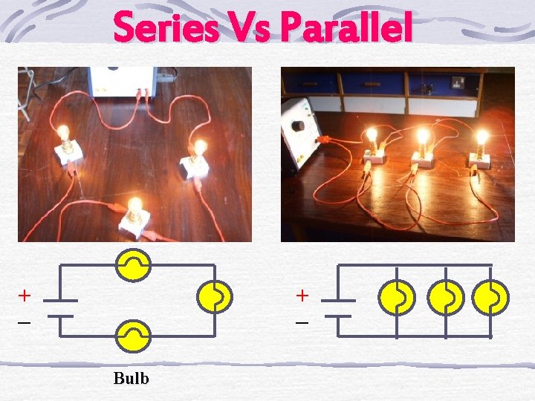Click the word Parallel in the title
(x=347, y=28)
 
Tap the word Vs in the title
(x=250, y=28)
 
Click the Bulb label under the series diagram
(x=131, y=378)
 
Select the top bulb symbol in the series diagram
(x=133, y=265)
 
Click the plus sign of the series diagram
(x=25, y=296)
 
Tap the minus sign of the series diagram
(x=25, y=324)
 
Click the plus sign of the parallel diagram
(x=302, y=296)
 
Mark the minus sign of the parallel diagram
(x=302, y=324)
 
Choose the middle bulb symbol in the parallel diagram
(x=446, y=298)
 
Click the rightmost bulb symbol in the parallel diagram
(x=492, y=298)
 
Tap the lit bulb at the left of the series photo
(x=64, y=134)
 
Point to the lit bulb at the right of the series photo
(x=199, y=147)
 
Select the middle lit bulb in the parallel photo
(x=423, y=137)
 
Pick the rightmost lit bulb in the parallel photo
(x=481, y=137)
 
